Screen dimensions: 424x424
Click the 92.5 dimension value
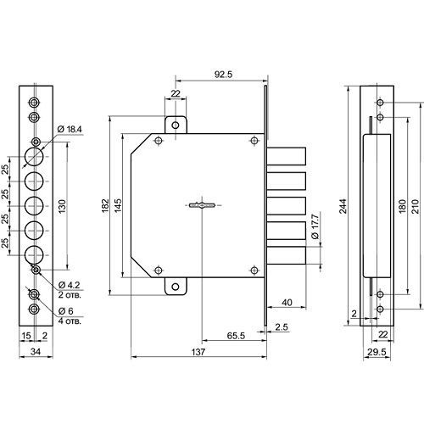tap(223, 75)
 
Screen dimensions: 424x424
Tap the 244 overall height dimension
tap(343, 206)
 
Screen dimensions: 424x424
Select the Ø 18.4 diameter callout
tap(70, 130)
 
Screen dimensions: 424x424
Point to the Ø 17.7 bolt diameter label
tap(315, 226)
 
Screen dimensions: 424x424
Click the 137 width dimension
tap(198, 352)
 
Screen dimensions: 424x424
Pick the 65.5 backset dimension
tap(236, 336)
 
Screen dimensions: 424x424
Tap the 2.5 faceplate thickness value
tap(282, 327)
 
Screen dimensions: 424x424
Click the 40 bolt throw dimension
tap(287, 303)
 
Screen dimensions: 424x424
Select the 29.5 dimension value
tap(377, 352)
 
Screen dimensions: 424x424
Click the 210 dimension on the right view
tap(415, 206)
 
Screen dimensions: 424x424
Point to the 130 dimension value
tap(62, 206)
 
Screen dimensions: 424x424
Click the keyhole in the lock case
tap(202, 205)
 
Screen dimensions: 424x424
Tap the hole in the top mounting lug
tap(176, 125)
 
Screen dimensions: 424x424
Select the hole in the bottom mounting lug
tap(176, 287)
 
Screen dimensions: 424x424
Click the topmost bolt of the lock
tap(287, 156)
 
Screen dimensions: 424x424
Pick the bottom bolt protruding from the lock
tap(287, 255)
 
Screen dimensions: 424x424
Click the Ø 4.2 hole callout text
tap(70, 285)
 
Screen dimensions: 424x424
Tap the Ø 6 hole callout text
tap(65, 311)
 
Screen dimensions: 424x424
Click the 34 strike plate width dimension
tap(36, 352)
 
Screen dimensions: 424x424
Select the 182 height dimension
tap(105, 206)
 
